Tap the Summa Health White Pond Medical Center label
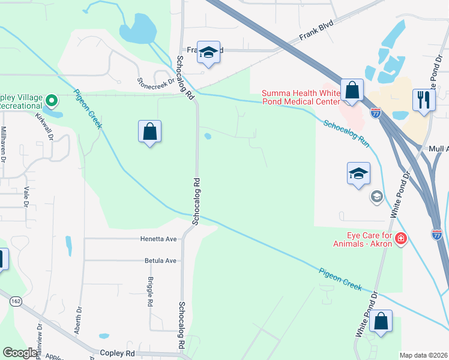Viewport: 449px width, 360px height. click(301, 97)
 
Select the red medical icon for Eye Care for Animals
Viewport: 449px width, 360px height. click(401, 240)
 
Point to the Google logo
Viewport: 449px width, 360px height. click(20, 353)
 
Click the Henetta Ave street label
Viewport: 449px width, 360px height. click(158, 239)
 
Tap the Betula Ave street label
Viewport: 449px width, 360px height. click(160, 261)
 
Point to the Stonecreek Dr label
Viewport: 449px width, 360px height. click(155, 84)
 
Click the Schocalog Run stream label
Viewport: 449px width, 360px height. click(346, 134)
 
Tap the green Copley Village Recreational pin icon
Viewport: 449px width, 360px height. click(52, 101)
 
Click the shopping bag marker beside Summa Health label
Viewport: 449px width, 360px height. click(352, 91)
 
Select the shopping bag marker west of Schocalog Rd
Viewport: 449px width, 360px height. click(149, 132)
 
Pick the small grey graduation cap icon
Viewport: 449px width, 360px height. click(376, 196)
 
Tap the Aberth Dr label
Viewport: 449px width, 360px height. click(78, 312)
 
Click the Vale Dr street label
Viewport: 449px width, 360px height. click(27, 196)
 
